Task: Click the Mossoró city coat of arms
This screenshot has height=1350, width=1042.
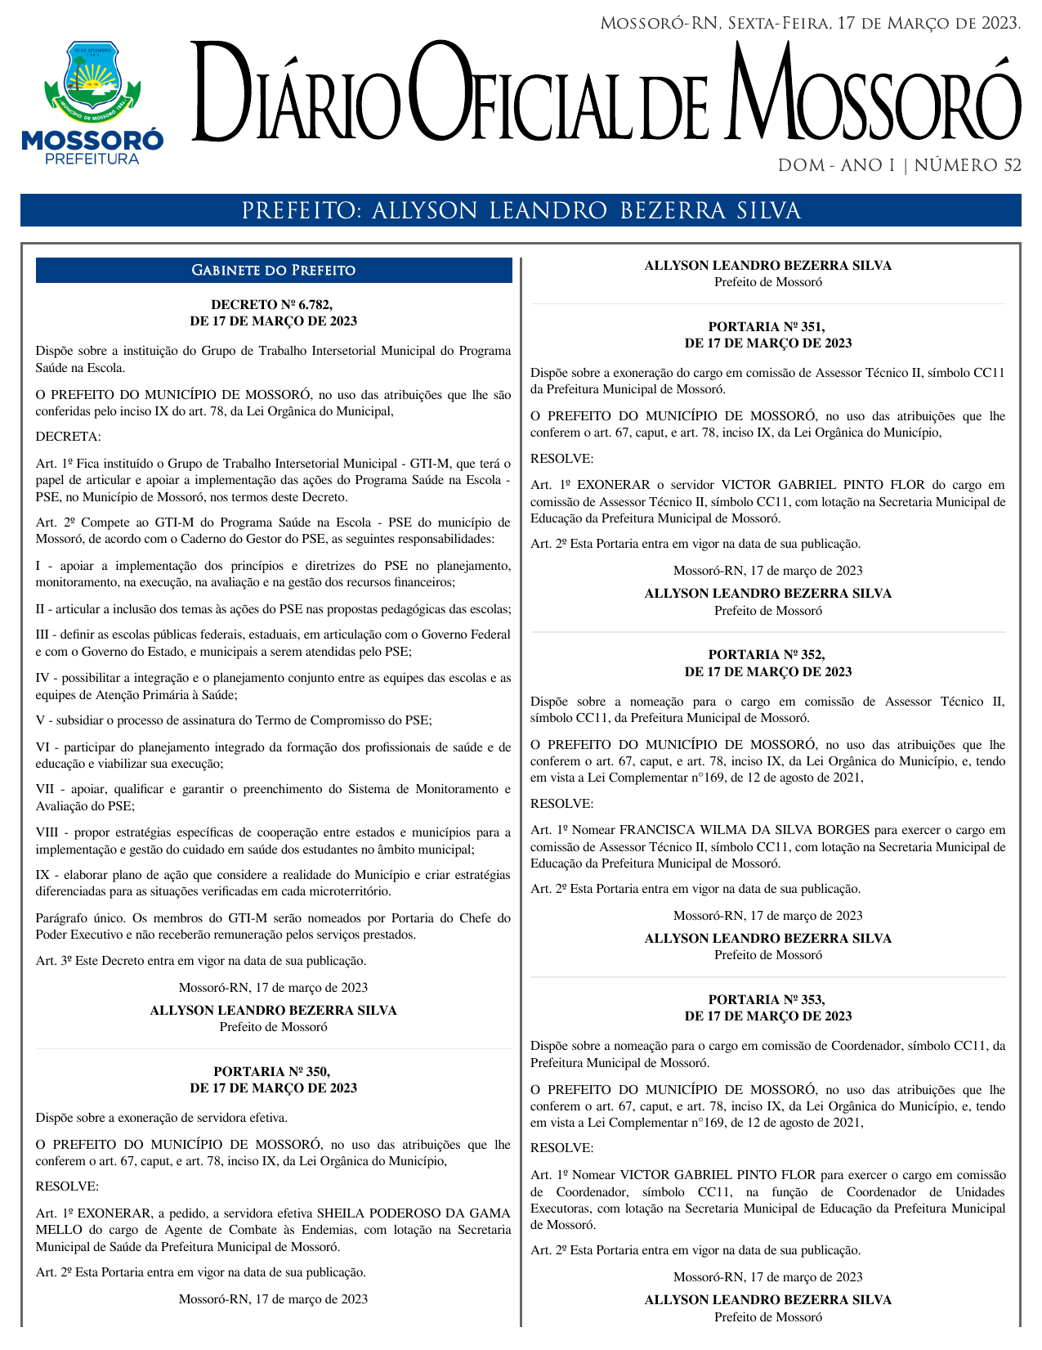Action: [x=92, y=81]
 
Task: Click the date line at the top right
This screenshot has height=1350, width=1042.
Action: [x=810, y=23]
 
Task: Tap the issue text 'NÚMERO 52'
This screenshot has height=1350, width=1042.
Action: [x=968, y=166]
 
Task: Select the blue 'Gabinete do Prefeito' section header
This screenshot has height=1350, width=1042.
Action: [x=274, y=271]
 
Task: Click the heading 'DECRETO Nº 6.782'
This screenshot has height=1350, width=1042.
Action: [x=272, y=305]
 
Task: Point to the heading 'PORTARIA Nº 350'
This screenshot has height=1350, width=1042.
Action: [x=272, y=1071]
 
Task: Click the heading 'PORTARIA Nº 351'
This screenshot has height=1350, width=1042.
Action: [x=767, y=327]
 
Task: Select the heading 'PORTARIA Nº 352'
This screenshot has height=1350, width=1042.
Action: [x=767, y=655]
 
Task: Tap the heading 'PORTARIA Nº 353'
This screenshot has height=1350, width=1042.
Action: [x=767, y=999]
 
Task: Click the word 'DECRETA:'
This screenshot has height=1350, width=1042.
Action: [x=69, y=437]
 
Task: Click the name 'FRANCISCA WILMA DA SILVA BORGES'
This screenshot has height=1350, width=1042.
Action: [x=734, y=830]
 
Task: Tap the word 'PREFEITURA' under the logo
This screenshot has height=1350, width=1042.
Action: [x=92, y=159]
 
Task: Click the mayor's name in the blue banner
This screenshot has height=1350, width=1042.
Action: [x=585, y=212]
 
